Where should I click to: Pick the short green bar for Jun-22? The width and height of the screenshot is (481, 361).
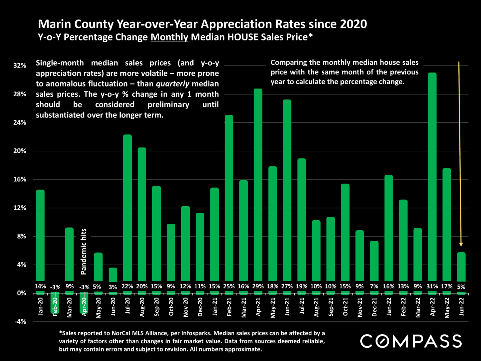pyautogui.click(x=461, y=267)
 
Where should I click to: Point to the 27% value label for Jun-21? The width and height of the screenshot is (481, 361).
pyautogui.click(x=287, y=286)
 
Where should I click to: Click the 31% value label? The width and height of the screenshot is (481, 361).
pyautogui.click(x=432, y=286)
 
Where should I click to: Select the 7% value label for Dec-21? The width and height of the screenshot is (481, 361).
pyautogui.click(x=374, y=286)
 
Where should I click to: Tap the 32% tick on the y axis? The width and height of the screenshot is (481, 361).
pyautogui.click(x=20, y=65)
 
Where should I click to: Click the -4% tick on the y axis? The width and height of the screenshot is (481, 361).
pyautogui.click(x=20, y=322)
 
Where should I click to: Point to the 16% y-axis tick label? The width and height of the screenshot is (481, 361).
pyautogui.click(x=20, y=179)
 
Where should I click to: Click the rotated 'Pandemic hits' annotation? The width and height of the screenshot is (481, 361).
pyautogui.click(x=83, y=251)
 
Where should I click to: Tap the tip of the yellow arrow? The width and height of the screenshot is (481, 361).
pyautogui.click(x=461, y=246)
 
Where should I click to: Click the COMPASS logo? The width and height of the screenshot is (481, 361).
pyautogui.click(x=411, y=341)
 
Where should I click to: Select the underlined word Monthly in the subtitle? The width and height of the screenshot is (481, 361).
pyautogui.click(x=169, y=37)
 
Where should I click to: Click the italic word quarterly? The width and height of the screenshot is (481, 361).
pyautogui.click(x=173, y=84)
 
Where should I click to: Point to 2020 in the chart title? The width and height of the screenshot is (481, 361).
pyautogui.click(x=353, y=24)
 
